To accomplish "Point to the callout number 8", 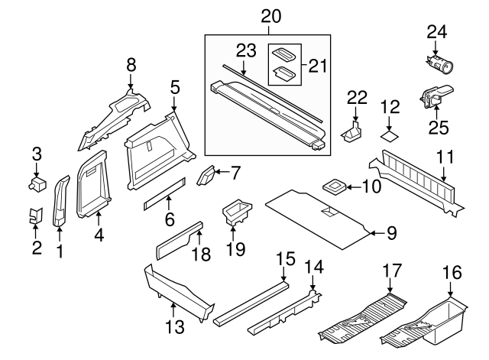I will [131, 65].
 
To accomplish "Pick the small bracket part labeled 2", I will [34, 217].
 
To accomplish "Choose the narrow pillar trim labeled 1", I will [60, 203].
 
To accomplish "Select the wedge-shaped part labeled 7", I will [207, 177].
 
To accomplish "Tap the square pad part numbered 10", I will [335, 186].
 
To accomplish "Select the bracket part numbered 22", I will [354, 131].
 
